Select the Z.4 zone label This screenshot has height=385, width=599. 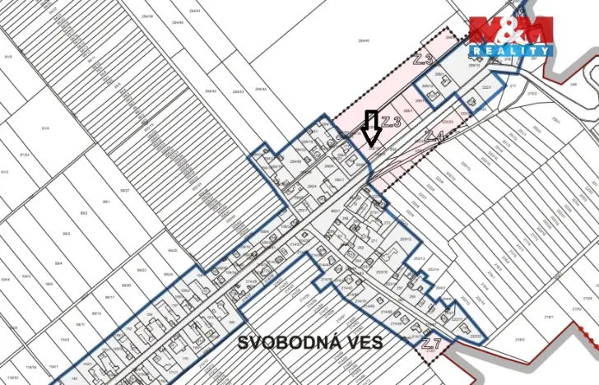point(434,135)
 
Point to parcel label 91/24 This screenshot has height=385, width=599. point(25,155)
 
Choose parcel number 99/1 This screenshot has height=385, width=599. point(107,201)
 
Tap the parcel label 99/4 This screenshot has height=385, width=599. point(58,263)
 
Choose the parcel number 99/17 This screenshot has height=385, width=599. point(109,297)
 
